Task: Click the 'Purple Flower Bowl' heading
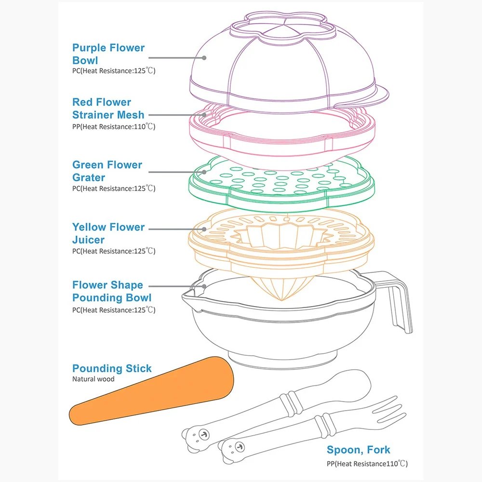point(108,54)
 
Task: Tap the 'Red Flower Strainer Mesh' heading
point(108,108)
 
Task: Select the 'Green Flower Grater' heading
point(107,171)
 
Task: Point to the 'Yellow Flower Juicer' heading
point(108,233)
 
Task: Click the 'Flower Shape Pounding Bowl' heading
point(112,291)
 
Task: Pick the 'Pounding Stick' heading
point(112,368)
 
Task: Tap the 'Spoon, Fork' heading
point(359,450)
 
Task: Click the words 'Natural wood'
point(93,379)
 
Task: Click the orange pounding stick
point(151,391)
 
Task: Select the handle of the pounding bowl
point(400,301)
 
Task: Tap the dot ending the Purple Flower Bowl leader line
point(204,58)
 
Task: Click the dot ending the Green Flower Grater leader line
point(204,172)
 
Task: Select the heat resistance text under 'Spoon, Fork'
point(367,463)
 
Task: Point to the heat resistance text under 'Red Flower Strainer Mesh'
point(114,126)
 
